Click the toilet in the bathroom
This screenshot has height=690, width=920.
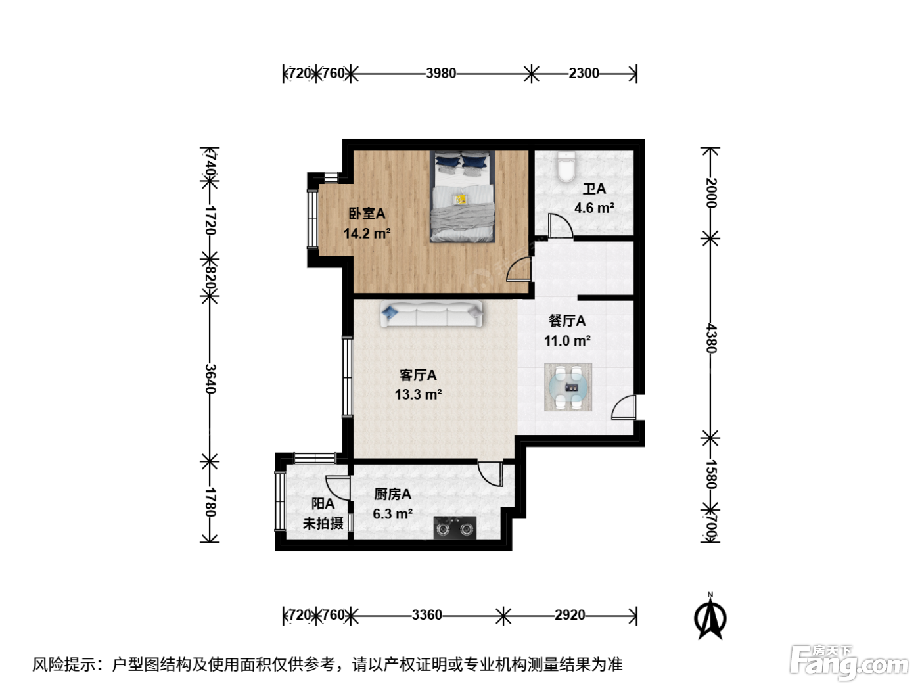566,167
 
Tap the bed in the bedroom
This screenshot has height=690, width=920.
463,196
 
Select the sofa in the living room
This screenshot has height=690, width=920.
431,313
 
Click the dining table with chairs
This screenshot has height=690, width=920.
568,388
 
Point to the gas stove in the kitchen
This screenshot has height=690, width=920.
455,528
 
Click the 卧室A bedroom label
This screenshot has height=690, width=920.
367,214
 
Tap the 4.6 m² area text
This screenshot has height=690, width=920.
594,208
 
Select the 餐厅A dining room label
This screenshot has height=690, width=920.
567,321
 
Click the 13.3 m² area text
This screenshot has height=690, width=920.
418,394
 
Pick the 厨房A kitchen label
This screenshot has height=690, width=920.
392,494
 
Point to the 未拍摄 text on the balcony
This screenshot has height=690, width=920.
323,523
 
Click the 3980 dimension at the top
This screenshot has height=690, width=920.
441,74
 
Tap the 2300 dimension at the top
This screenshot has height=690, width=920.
584,74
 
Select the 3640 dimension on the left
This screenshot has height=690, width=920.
210,379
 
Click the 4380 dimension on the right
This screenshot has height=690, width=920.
711,338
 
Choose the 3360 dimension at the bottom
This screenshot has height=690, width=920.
426,615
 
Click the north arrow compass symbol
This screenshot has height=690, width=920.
710,616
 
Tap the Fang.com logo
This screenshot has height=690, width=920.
849,663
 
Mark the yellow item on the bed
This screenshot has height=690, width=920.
461,199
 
